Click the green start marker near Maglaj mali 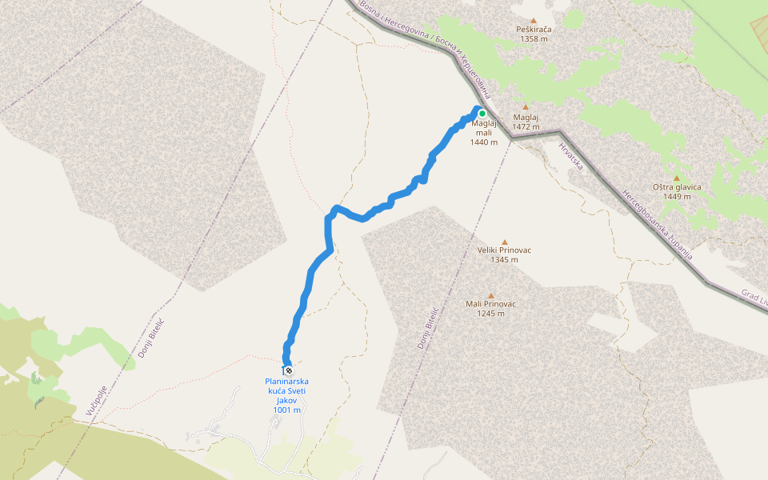point(482,114)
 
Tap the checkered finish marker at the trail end point(288,370)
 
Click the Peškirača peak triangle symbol point(534,20)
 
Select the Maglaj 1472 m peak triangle point(526,107)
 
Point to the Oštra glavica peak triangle point(677,178)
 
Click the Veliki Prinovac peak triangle point(504,242)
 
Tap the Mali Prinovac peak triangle point(490,296)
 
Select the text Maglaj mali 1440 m point(484,133)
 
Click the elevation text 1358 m point(534,38)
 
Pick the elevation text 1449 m point(677,196)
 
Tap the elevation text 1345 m point(504,259)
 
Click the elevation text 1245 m point(490,314)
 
